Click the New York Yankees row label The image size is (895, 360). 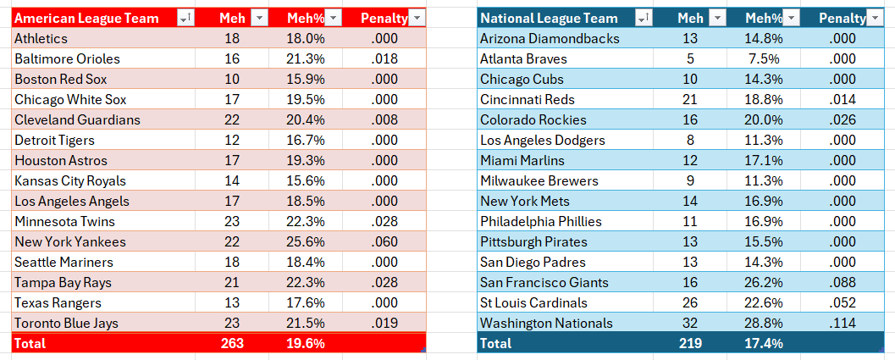tap(70, 241)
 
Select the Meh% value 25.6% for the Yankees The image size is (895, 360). tap(306, 241)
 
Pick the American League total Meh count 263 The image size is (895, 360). tap(232, 343)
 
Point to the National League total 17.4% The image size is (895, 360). tap(764, 343)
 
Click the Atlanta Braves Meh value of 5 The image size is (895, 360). tap(690, 58)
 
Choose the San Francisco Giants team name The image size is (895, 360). tap(544, 282)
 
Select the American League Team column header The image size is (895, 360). tap(86, 19)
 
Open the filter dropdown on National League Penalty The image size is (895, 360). tap(875, 19)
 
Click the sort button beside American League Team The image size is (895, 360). tap(186, 19)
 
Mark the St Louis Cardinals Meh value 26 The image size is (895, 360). tap(690, 303)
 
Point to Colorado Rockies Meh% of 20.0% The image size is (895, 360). tap(764, 120)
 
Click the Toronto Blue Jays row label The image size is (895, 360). tap(67, 323)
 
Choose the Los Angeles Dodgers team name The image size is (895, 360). tap(543, 140)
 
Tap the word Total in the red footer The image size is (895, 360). tap(30, 343)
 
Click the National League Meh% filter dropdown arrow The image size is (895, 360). tap(791, 19)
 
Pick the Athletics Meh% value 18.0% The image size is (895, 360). tap(306, 38)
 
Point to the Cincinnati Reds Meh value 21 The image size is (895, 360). tap(690, 99)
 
